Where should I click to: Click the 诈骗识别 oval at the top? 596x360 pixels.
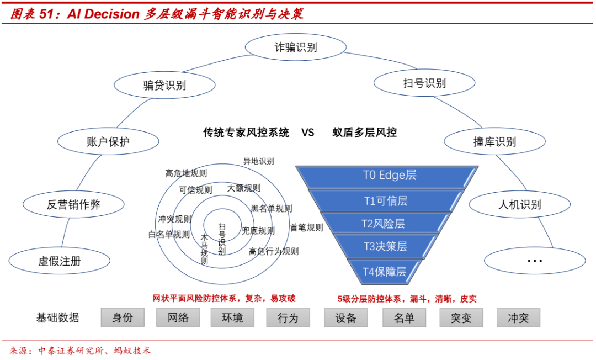(x=296, y=47)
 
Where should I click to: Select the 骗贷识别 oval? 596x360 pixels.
(x=164, y=85)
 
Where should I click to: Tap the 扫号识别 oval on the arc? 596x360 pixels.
(x=424, y=83)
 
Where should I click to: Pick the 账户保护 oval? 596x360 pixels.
(x=108, y=141)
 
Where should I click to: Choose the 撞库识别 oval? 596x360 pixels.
(x=494, y=142)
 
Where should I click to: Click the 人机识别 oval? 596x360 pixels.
(x=519, y=205)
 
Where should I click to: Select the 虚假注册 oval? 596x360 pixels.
(x=60, y=261)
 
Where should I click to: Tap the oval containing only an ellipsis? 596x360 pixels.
(x=534, y=260)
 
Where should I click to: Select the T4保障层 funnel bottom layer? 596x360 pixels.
(x=385, y=271)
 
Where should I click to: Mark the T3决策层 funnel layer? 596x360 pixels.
(x=385, y=246)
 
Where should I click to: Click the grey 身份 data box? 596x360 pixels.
(x=123, y=317)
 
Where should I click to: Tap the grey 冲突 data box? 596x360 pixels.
(x=518, y=318)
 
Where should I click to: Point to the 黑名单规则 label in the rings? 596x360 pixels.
(x=272, y=209)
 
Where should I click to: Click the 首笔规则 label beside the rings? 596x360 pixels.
(x=307, y=227)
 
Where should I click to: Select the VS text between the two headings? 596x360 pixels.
(x=307, y=133)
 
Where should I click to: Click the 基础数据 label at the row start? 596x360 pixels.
(x=58, y=318)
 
